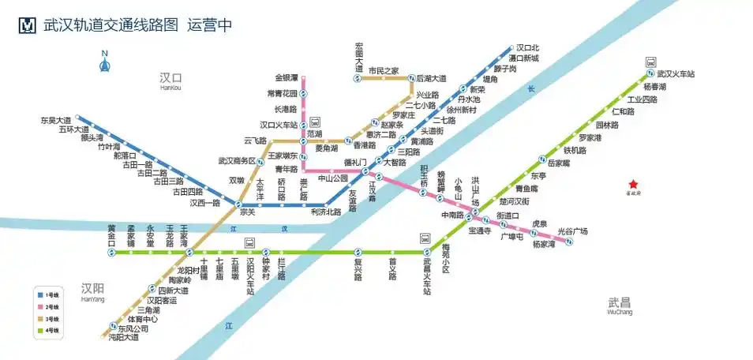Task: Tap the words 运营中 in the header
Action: coord(209,24)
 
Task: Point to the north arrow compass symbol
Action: coord(103,62)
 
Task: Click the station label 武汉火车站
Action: coord(676,74)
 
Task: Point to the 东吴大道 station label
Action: coord(56,121)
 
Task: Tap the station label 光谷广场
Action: coord(572,231)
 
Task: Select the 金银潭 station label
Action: coord(287,78)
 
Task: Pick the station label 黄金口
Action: coord(112,236)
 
